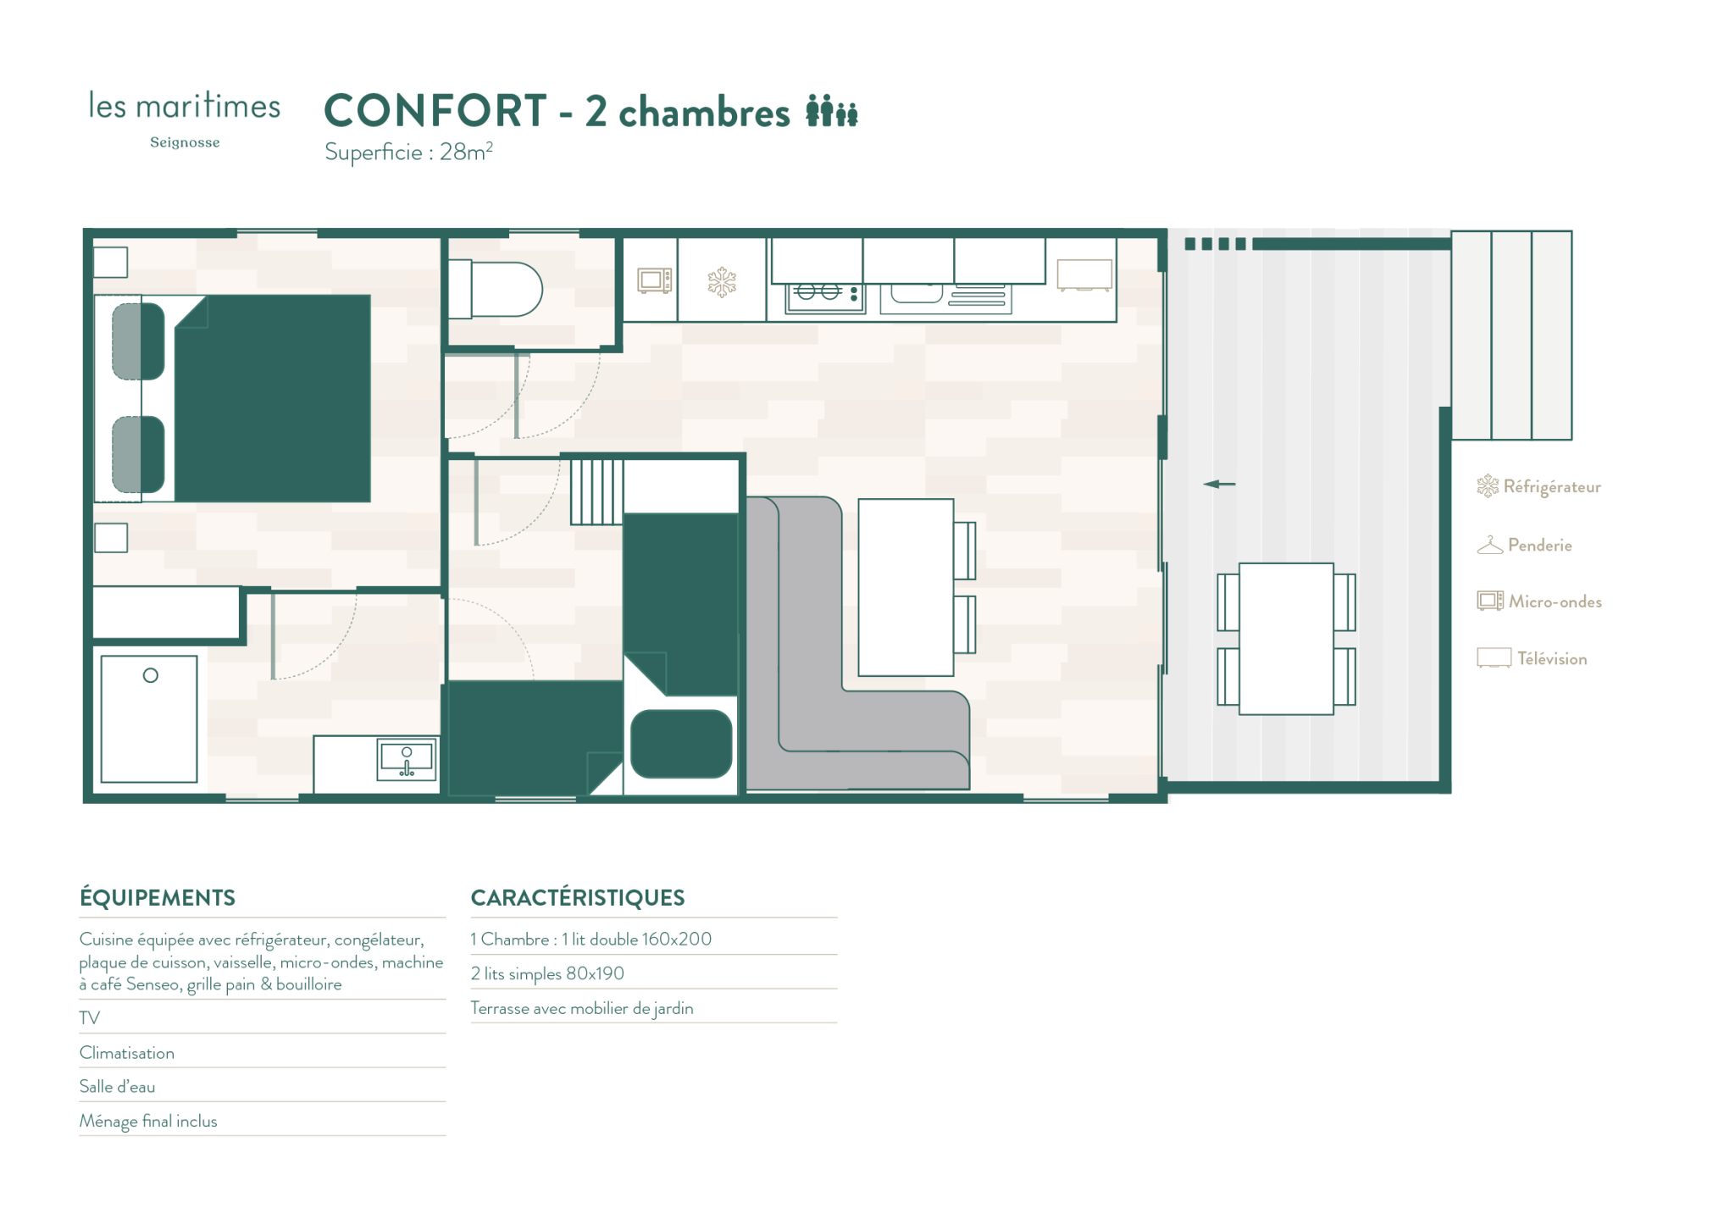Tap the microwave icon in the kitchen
pyautogui.click(x=654, y=280)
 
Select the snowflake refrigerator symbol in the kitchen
pyautogui.click(x=722, y=282)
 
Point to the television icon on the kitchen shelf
pyautogui.click(x=1084, y=275)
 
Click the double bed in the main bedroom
pyautogui.click(x=272, y=398)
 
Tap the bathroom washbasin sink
pyautogui.click(x=407, y=758)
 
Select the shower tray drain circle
pyautogui.click(x=151, y=675)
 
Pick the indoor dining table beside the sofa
pyautogui.click(x=906, y=587)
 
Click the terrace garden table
pyautogui.click(x=1286, y=639)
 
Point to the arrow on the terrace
pyautogui.click(x=1219, y=484)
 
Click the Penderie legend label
pyautogui.click(x=1539, y=545)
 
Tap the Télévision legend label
pyautogui.click(x=1552, y=658)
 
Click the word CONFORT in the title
pyautogui.click(x=435, y=111)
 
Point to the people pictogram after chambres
pyautogui.click(x=832, y=111)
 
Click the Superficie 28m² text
pyautogui.click(x=408, y=152)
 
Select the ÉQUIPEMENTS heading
pyautogui.click(x=158, y=898)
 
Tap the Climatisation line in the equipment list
pyautogui.click(x=127, y=1053)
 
